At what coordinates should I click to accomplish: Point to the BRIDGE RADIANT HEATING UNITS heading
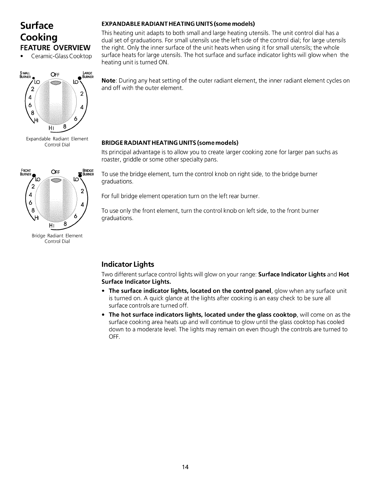tap(170, 143)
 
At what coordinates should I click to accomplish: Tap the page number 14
tap(185, 467)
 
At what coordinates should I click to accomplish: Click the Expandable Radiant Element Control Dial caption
tap(57, 142)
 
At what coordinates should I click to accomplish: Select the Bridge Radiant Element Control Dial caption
tap(57, 238)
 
